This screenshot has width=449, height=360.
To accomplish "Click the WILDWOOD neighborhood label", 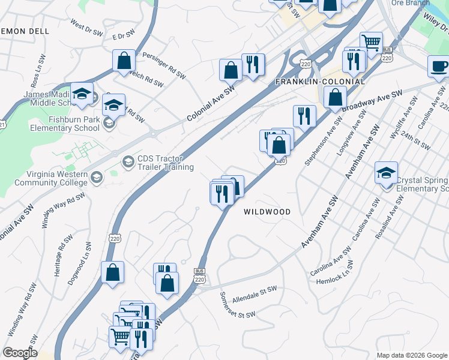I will [x=267, y=212].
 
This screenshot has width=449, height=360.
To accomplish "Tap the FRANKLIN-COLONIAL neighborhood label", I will [x=320, y=81].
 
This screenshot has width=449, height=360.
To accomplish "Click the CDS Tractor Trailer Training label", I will [x=166, y=163].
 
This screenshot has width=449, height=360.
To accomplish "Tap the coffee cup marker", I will [x=439, y=66].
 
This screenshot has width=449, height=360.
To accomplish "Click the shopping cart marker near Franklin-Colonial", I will [x=372, y=43].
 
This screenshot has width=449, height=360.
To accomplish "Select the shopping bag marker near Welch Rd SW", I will [x=124, y=61].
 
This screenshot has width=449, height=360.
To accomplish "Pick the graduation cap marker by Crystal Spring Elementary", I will [x=386, y=173].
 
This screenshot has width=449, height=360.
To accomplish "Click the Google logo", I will [x=20, y=352].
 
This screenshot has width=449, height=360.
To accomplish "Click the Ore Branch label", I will [x=411, y=3].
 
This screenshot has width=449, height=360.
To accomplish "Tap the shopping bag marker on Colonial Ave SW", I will [x=231, y=70].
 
